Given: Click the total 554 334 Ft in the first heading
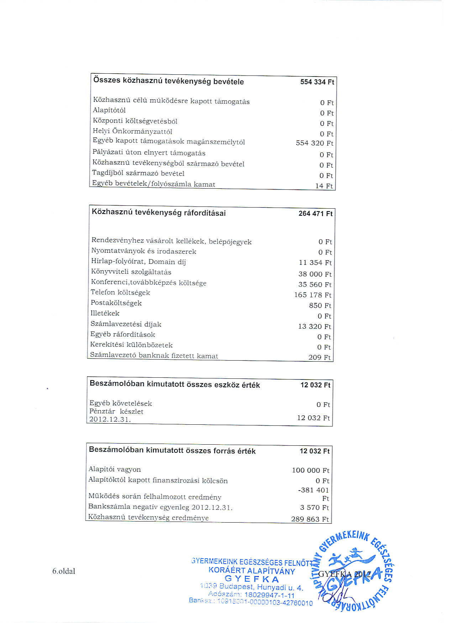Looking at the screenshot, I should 317,82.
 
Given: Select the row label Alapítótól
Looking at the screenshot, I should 109,110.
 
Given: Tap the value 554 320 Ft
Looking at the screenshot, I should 314,143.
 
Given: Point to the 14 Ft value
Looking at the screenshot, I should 324,186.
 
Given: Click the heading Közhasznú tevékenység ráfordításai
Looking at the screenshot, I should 159,213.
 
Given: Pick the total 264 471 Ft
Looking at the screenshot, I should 315,214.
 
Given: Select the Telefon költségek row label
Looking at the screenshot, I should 120,293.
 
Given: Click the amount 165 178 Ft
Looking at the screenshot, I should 312,295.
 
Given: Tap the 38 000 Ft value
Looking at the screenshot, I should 315,274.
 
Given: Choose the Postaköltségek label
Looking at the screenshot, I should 116,303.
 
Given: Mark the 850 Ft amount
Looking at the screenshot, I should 320,305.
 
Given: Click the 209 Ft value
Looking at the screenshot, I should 319,357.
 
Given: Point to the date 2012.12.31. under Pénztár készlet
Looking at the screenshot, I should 110,419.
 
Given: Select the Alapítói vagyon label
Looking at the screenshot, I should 115,470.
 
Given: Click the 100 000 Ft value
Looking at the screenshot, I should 310,470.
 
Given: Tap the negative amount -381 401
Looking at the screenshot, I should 313,490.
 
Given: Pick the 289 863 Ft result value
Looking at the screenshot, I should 310,519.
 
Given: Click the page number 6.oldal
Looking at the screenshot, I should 64,571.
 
